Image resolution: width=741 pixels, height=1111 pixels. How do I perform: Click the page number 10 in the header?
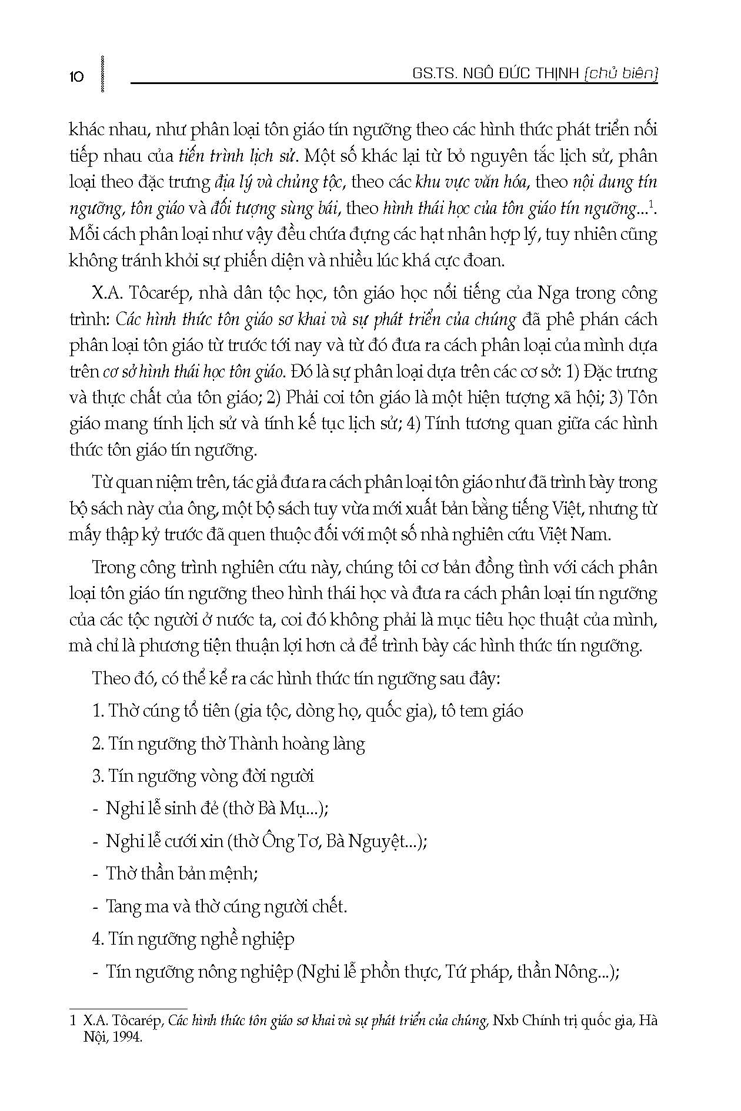click(76, 76)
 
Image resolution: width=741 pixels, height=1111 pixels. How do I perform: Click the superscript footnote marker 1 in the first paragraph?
click(651, 204)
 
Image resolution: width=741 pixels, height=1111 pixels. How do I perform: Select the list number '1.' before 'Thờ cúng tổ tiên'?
click(98, 711)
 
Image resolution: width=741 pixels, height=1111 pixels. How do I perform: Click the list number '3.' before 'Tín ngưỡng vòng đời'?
click(98, 777)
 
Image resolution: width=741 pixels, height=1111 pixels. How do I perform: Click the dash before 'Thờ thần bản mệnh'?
click(95, 875)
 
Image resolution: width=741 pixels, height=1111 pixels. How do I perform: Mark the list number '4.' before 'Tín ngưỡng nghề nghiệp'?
click(98, 939)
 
